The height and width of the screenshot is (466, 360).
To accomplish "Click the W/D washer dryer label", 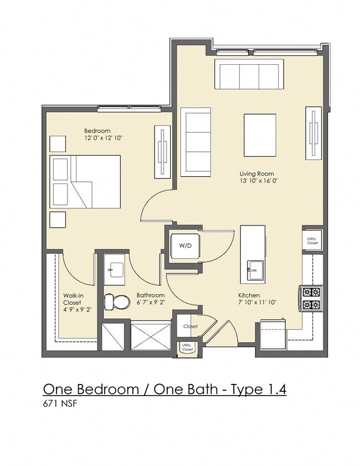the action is click(185, 246).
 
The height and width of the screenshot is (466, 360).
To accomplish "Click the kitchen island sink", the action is click(255, 270).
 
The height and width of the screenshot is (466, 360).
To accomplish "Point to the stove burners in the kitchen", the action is click(311, 298).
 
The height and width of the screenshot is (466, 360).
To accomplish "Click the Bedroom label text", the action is click(97, 131).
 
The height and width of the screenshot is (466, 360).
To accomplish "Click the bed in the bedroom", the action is click(85, 182).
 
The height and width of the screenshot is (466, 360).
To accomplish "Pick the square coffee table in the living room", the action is click(260, 135).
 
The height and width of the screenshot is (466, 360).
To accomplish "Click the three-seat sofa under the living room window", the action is click(249, 74).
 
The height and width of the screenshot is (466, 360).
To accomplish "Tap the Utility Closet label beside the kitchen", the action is click(312, 241).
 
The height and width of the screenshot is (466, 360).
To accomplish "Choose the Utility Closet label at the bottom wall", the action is click(187, 347).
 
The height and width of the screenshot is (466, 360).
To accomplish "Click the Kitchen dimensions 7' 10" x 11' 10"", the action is click(257, 303).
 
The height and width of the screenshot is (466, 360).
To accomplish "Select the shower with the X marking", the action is click(151, 336).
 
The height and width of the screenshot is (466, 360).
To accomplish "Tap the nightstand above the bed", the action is click(58, 144).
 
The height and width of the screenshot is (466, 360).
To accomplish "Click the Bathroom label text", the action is click(150, 295).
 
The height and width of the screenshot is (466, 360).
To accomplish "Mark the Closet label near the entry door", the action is click(191, 326).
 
